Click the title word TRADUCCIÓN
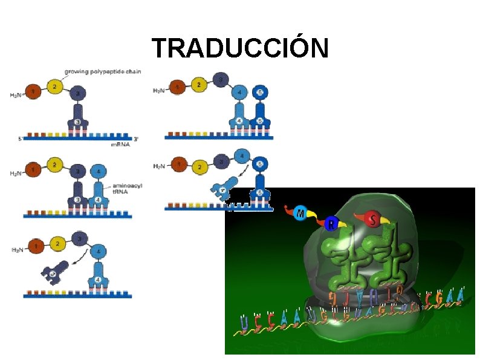pyautogui.click(x=240, y=48)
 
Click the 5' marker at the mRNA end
pyautogui.click(x=21, y=139)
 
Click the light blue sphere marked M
pyautogui.click(x=302, y=214)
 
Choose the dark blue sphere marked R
pyautogui.click(x=331, y=224)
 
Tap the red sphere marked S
pyautogui.click(x=373, y=220)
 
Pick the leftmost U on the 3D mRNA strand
pyautogui.click(x=243, y=323)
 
